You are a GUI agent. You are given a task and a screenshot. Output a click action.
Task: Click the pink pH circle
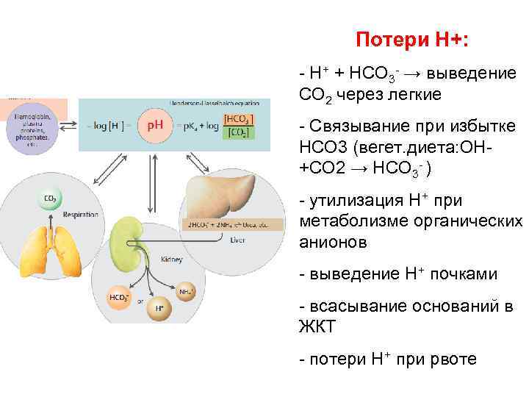tap(156, 126)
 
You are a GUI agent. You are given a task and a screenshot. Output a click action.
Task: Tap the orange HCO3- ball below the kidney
tap(118, 298)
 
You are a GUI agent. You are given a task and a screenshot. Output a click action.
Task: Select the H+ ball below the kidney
tap(159, 307)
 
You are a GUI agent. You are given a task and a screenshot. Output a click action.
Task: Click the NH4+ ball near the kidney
tap(187, 292)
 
